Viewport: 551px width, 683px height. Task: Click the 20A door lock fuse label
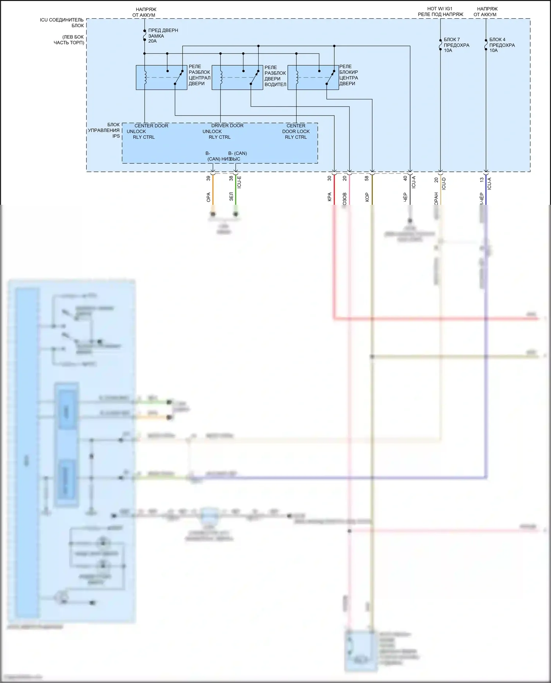163,36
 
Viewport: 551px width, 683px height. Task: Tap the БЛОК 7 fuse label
456,45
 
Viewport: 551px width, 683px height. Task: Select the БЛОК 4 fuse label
502,45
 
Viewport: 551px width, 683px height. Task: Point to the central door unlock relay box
161,77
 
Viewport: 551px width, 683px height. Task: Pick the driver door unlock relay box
237,77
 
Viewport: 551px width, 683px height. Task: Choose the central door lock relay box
313,77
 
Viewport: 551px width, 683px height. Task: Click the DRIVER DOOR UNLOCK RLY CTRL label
223,131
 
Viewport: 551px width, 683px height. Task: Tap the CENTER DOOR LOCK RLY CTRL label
296,131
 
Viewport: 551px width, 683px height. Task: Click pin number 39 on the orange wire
208,178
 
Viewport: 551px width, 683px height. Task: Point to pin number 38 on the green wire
231,178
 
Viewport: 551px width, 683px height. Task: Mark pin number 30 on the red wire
329,178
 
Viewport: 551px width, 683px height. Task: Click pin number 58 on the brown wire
367,178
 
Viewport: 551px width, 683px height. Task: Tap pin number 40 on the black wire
405,178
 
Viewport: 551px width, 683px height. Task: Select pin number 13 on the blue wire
482,180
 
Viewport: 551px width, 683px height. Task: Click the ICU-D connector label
444,183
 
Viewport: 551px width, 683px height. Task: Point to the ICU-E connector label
239,182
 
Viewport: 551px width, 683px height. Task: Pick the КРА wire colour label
329,197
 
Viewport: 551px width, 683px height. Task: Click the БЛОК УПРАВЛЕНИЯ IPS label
104,130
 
